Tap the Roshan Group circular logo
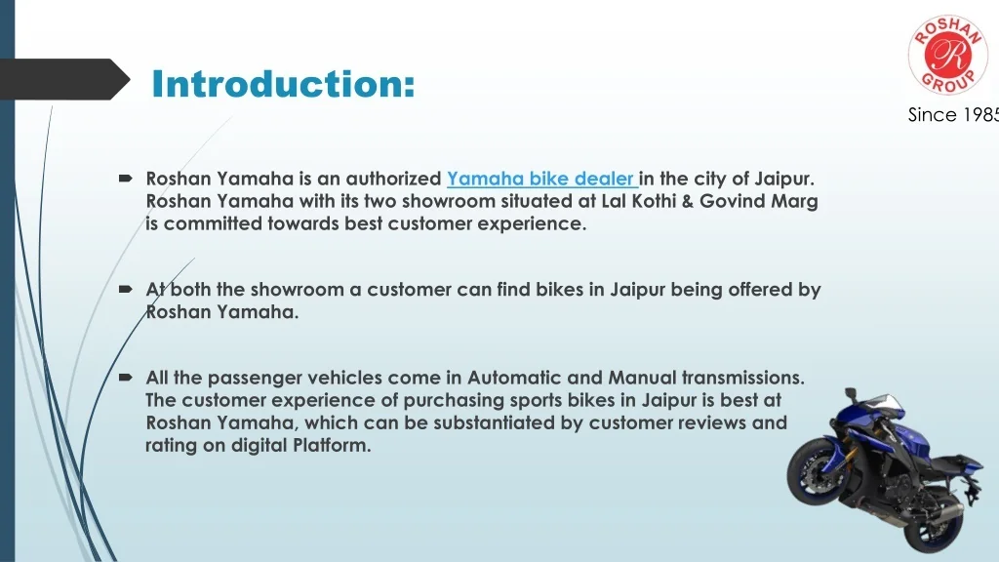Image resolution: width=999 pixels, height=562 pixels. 948,56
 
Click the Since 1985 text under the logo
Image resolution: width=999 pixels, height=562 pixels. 953,115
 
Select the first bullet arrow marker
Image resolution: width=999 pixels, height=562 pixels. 126,179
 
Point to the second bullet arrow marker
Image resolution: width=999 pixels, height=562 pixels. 126,289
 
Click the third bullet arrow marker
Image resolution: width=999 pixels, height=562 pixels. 126,378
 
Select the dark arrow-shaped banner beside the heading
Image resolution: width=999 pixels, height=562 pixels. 63,79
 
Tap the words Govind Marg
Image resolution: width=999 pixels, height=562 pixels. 759,201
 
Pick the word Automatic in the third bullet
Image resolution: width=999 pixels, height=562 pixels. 514,378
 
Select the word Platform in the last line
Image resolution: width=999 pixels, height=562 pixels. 332,445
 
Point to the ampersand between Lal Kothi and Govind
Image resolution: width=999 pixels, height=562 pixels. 688,201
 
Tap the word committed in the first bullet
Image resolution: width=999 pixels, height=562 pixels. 213,223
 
